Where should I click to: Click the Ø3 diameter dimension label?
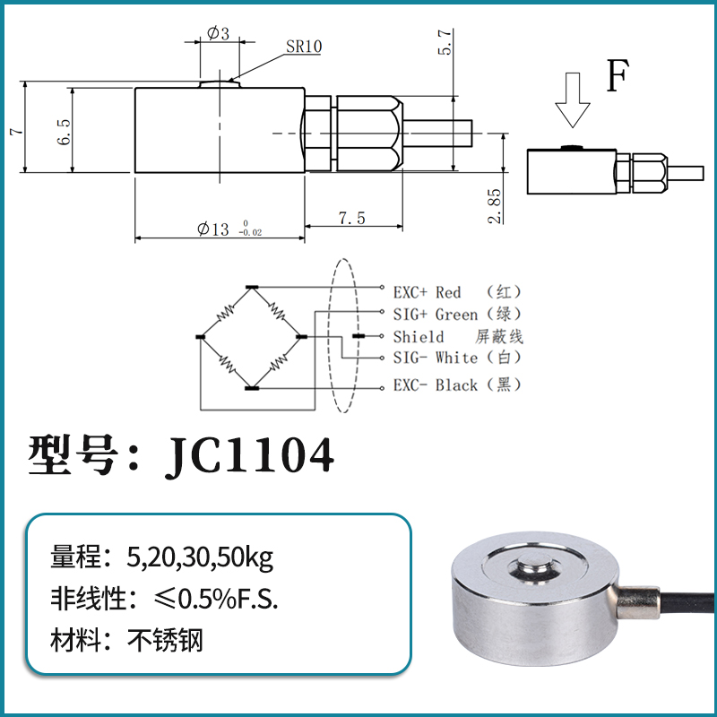tap(218, 34)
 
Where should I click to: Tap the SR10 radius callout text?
tap(304, 47)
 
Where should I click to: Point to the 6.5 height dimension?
tap(64, 131)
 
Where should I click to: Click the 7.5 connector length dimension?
tap(351, 219)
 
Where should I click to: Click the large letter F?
tap(616, 77)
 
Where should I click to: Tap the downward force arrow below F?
tap(572, 102)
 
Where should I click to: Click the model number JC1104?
tap(249, 455)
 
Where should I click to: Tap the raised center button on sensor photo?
tap(530, 569)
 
